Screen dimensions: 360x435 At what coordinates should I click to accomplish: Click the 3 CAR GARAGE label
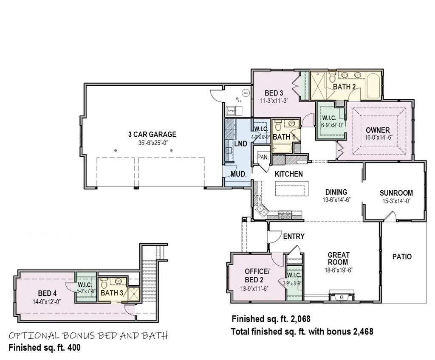pos(152,135)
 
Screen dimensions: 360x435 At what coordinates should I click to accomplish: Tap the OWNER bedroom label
pos(375,130)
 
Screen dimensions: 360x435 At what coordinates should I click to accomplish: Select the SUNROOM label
pos(396,193)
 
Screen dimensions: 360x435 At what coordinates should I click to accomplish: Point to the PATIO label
pos(402,257)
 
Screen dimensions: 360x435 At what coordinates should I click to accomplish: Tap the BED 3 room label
pos(274,93)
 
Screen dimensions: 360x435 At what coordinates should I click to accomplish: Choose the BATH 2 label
pos(344,87)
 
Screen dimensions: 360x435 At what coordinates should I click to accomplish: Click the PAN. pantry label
pos(262,157)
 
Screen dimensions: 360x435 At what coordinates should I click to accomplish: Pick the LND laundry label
pos(240,144)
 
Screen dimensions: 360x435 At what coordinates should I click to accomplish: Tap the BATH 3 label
pos(112,292)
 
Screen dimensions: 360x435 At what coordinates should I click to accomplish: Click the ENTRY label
pos(294,236)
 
